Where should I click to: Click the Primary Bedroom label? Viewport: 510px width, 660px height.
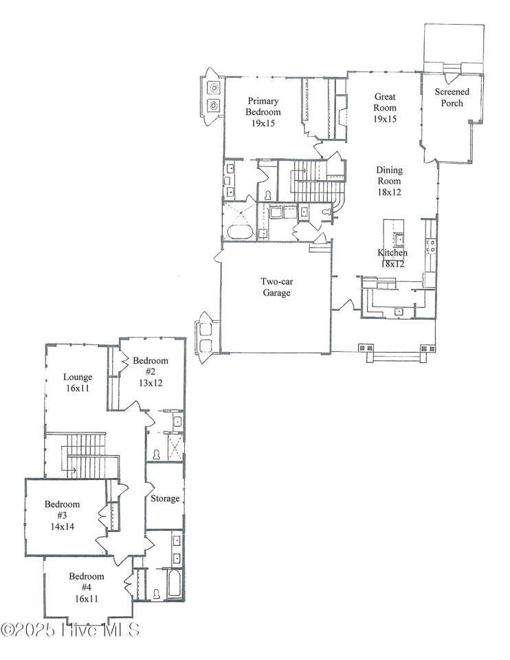pos(263,107)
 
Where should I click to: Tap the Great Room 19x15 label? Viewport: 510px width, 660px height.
pos(385,108)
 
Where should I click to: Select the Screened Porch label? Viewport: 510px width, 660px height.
pos(452,97)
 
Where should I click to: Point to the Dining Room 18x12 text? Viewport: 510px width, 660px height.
pos(389,181)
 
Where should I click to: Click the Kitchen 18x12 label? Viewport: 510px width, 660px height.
pos(392,258)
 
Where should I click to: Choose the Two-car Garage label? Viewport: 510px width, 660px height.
pos(276,287)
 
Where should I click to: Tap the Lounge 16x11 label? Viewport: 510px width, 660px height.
pos(78,382)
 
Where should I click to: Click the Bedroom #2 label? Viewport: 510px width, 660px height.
pos(151,366)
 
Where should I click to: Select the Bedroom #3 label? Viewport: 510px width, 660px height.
pos(63,509)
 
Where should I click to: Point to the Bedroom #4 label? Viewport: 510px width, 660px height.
pos(87,582)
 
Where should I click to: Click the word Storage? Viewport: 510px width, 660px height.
pos(165,498)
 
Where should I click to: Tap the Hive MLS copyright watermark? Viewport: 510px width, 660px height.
pos(70,630)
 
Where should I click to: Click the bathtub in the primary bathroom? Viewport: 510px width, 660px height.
pos(239,232)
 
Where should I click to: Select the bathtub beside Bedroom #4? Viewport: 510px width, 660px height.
pos(174,583)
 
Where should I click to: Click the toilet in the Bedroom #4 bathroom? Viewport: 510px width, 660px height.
pos(157,594)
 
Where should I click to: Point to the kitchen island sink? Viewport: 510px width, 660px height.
pos(398,239)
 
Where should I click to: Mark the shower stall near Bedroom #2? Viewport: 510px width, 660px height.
pos(175,447)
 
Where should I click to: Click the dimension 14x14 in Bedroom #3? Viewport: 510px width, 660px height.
pos(63,526)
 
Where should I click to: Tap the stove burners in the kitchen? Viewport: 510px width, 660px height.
pos(431,246)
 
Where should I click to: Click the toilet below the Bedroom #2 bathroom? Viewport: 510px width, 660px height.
pos(157,454)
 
